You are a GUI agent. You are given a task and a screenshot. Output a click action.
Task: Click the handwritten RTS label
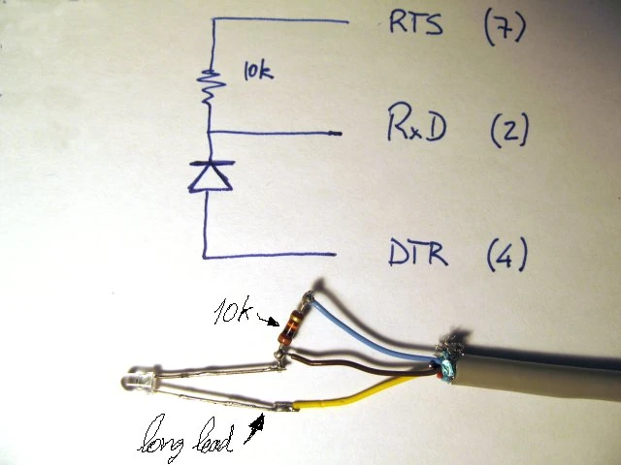[x=414, y=24]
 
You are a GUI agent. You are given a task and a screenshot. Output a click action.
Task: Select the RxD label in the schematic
[x=416, y=127]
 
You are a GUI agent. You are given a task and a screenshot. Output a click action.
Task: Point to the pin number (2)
[x=508, y=128]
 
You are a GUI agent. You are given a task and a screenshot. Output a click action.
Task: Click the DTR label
[x=417, y=255]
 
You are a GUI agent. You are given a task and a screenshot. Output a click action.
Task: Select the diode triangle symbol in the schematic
[x=210, y=174]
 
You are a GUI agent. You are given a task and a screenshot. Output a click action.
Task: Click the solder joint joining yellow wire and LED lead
[x=283, y=407]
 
